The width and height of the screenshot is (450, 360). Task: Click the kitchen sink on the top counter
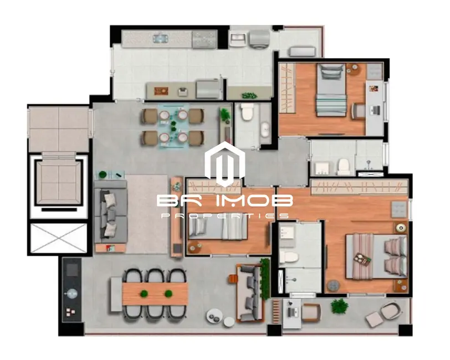click(x=161, y=38)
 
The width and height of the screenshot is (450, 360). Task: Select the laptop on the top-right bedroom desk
click(x=376, y=108)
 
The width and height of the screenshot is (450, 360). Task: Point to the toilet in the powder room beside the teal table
click(x=247, y=112)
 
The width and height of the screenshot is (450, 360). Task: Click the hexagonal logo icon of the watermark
click(x=224, y=164)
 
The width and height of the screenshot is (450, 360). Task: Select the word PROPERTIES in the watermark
click(x=224, y=215)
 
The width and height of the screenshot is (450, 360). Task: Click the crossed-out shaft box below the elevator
click(x=59, y=238)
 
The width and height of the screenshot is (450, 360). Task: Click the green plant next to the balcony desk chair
click(x=339, y=306)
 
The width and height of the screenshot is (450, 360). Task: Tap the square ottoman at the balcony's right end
click(x=374, y=318)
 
